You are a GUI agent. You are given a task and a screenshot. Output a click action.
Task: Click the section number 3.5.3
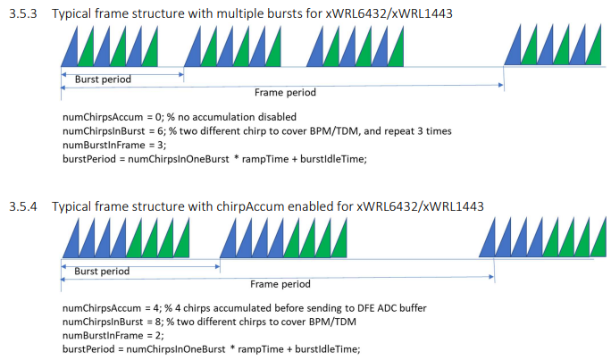tap(23, 13)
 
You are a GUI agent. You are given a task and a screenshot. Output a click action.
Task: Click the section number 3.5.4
tap(23, 206)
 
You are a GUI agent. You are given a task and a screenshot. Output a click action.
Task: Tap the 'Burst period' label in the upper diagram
tap(103, 80)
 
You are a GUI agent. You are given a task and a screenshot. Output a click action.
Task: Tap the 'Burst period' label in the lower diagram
tap(102, 271)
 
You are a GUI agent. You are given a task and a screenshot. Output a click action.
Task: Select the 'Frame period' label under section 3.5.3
tap(285, 92)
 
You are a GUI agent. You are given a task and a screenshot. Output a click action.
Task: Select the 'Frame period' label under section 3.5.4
tap(280, 284)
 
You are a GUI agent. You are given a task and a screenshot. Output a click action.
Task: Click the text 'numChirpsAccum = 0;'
tap(113, 117)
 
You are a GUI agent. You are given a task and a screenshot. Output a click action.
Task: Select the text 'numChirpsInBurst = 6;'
tap(114, 131)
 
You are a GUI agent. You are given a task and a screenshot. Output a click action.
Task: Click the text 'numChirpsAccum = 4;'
tap(113, 308)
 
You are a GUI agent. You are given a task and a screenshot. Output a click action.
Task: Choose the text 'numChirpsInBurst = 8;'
tap(113, 322)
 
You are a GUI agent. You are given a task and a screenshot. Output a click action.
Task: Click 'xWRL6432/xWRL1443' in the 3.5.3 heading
tap(389, 13)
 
